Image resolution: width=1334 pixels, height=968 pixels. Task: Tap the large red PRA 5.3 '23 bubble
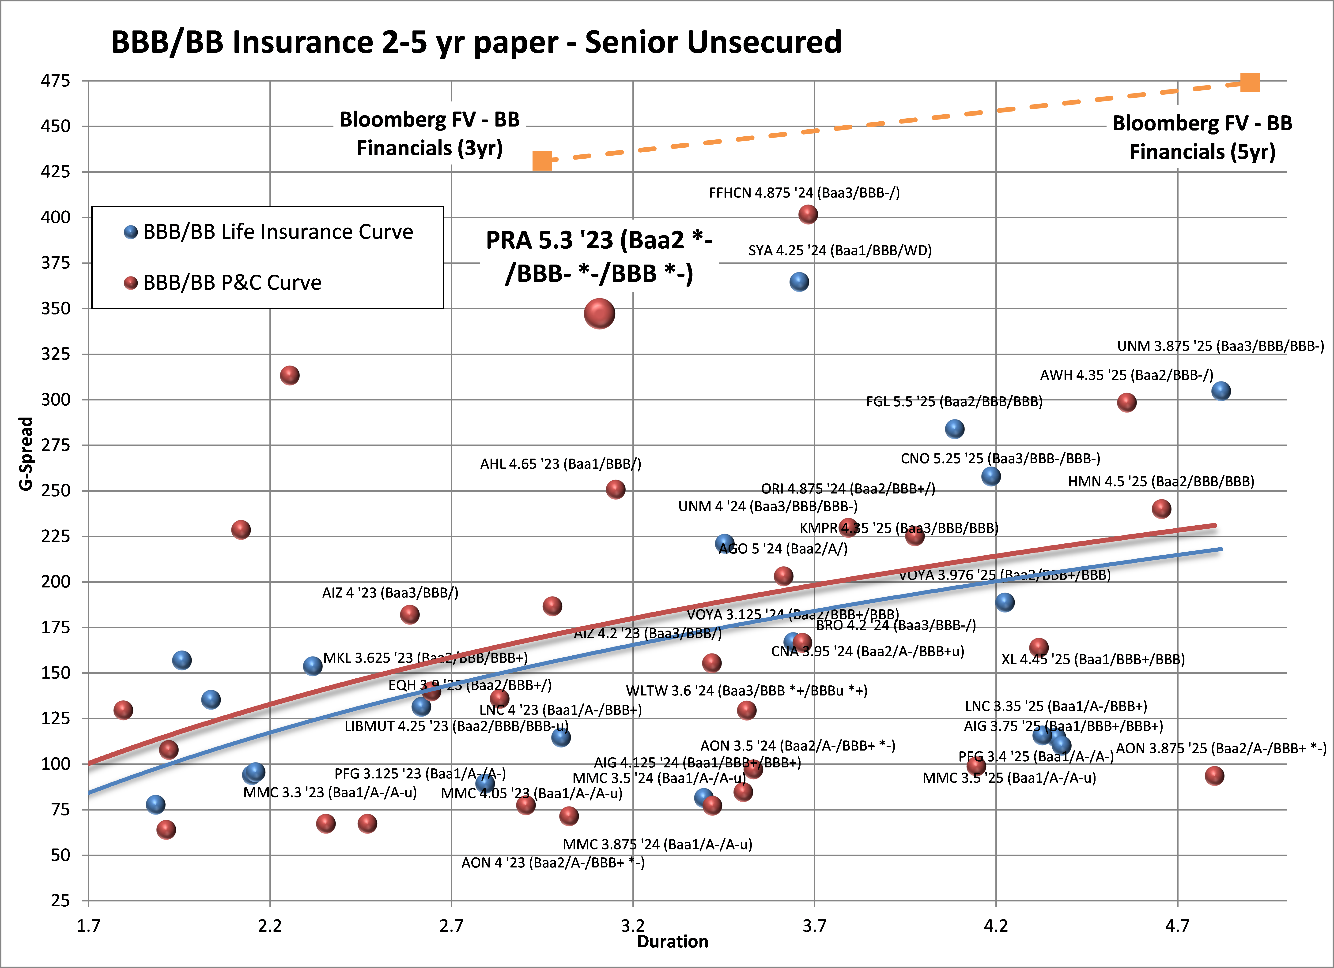coord(599,314)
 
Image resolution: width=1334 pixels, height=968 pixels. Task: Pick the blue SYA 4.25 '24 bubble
coord(799,282)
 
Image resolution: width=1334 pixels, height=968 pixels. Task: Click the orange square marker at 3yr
coord(542,161)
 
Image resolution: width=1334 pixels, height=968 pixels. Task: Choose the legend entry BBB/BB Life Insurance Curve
coord(278,232)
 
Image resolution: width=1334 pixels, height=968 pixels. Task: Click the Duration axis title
coord(672,942)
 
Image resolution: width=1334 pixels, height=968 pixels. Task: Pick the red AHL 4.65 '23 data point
coord(615,490)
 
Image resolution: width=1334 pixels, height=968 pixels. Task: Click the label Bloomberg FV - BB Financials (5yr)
coord(1202,138)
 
